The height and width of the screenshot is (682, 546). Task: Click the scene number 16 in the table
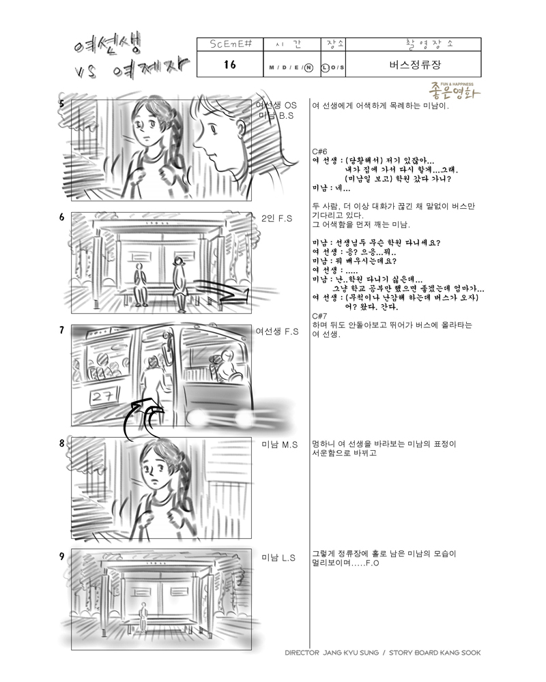230,64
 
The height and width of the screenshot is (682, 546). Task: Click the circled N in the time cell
308,68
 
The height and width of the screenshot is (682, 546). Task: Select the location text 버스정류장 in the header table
415,65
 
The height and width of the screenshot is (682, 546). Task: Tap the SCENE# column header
230,44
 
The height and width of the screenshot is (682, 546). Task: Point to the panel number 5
62,104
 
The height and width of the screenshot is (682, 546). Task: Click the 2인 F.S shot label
276,218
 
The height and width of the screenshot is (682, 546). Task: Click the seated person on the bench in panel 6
139,285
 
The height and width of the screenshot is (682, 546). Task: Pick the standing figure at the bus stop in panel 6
178,283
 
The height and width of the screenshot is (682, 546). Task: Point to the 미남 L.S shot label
278,558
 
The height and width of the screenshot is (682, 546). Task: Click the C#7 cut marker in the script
319,316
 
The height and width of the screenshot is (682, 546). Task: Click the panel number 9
62,557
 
